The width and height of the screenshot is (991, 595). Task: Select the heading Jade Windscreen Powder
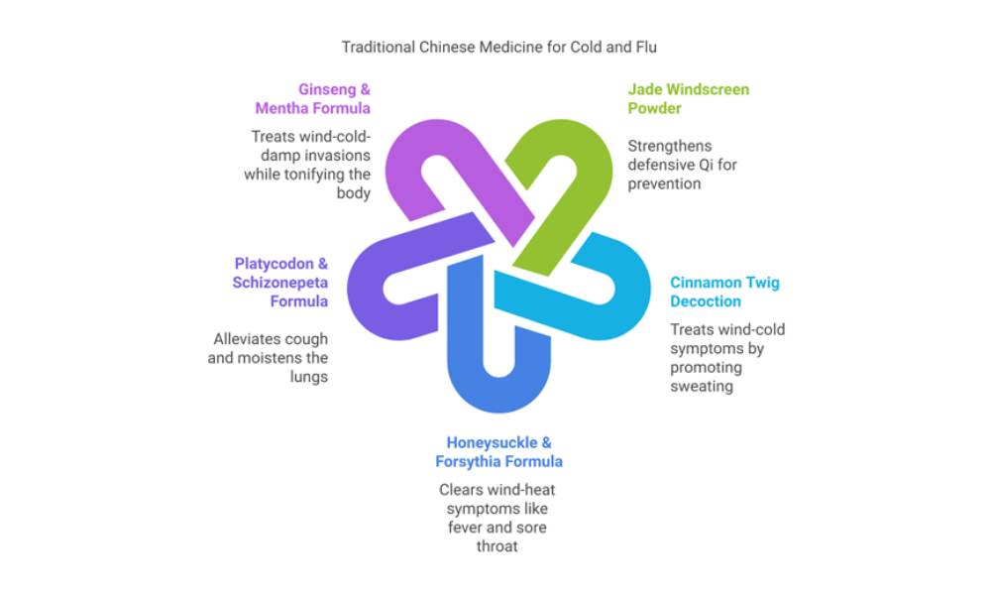point(688,98)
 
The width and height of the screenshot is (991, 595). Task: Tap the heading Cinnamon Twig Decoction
point(724,292)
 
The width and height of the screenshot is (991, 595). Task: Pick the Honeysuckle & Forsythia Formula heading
point(498,451)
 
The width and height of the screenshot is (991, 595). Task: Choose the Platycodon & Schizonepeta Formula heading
point(280,282)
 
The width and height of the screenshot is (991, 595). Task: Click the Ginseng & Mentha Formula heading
point(314,98)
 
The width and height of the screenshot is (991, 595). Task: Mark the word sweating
point(702,386)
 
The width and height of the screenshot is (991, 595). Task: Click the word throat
point(498,545)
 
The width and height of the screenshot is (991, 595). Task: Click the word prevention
point(663,183)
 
